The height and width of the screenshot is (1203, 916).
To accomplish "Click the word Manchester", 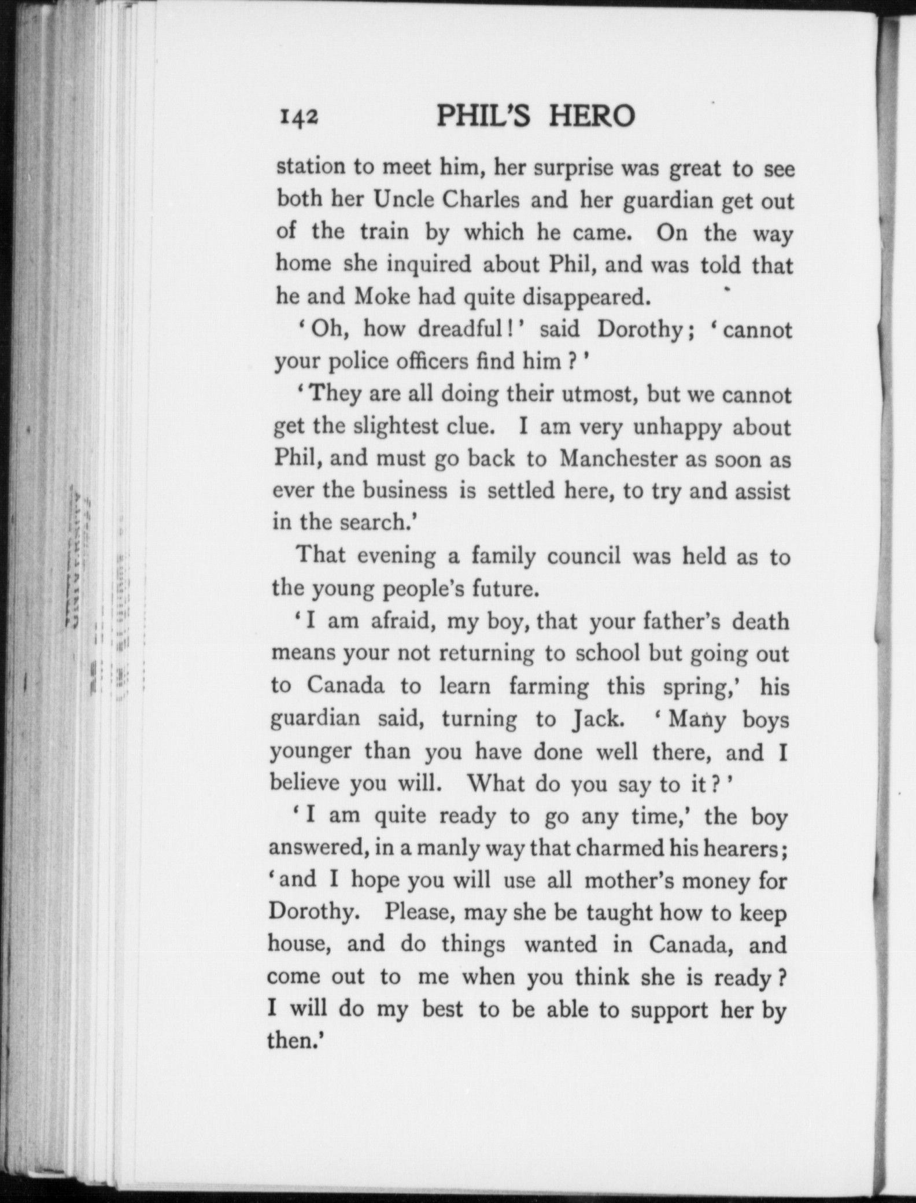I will click(x=618, y=459).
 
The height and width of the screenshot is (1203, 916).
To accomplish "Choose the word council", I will click(x=583, y=556).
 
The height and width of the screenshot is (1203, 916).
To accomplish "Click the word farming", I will click(x=549, y=687).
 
